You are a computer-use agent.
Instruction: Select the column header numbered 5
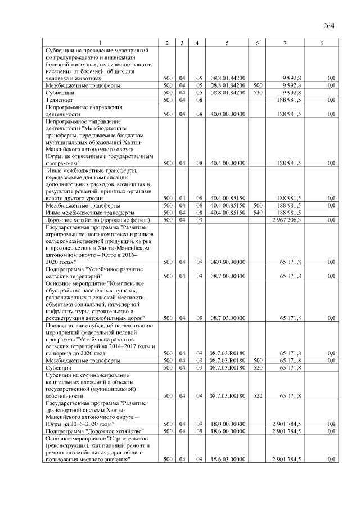pos(227,43)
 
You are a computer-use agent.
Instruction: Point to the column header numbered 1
pos(101,43)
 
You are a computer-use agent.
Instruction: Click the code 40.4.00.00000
pos(227,163)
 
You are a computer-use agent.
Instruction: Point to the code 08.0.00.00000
pos(227,262)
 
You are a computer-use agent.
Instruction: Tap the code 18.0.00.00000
pos(227,424)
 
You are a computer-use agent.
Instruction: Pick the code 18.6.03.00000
pos(227,460)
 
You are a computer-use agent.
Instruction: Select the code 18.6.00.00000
pos(227,431)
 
